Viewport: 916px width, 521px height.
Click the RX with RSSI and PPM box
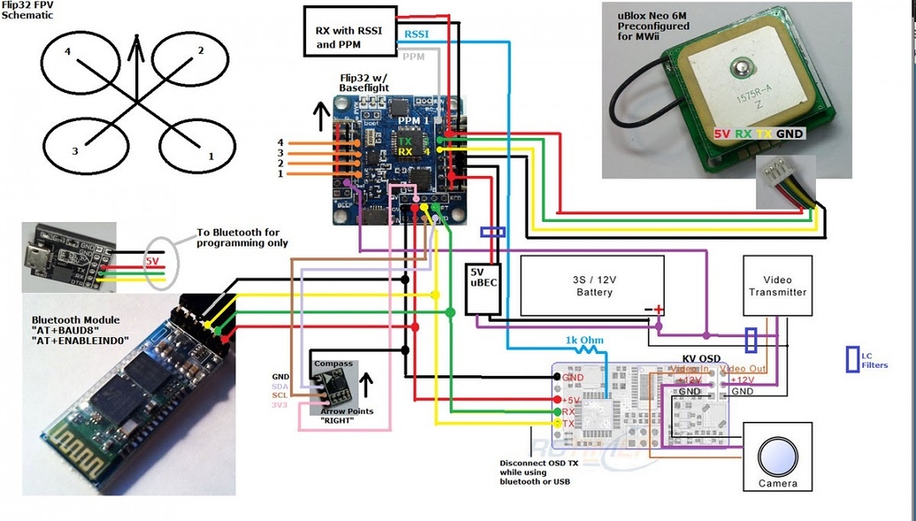coord(349,31)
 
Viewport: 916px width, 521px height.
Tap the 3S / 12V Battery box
coord(592,286)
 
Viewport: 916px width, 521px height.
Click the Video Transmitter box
coord(777,285)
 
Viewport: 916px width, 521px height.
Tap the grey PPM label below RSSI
coord(413,57)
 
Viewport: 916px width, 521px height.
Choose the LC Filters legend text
coord(874,360)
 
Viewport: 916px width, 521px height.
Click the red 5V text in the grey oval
coord(151,262)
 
